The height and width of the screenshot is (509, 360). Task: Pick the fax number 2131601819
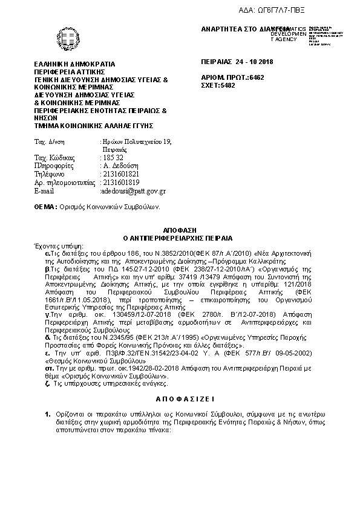click(x=121, y=183)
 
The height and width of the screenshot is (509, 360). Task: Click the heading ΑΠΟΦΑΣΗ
click(x=180, y=232)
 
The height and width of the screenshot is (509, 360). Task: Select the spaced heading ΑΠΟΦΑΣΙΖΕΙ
click(x=180, y=400)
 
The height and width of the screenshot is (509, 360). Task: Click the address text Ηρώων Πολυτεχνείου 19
click(x=136, y=141)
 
